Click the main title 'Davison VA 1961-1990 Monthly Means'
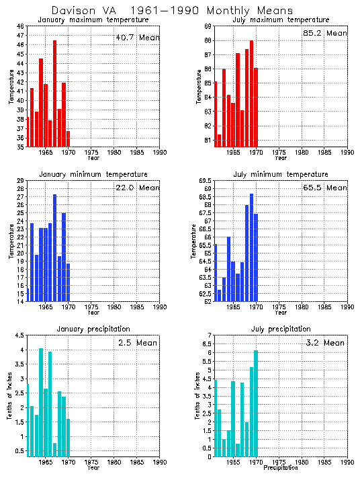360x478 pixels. tap(172, 11)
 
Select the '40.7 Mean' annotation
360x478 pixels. tap(137, 38)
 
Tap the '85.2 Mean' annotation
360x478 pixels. tap(325, 33)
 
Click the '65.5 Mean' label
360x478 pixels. tap(325, 191)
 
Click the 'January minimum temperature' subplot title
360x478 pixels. tap(93, 174)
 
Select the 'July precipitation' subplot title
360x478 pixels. tap(281, 329)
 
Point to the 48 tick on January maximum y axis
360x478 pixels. tap(20, 26)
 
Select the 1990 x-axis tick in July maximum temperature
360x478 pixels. tap(347, 152)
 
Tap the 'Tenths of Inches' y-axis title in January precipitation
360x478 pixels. tap(9, 397)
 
